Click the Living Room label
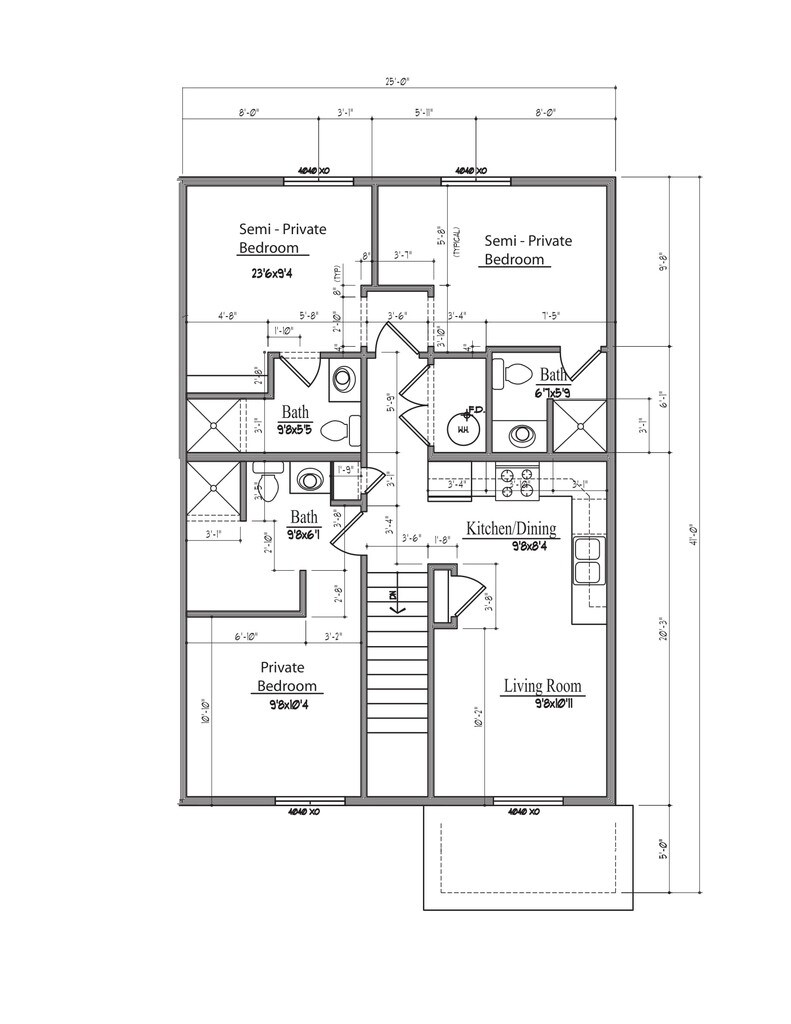(x=542, y=686)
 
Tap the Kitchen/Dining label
(x=511, y=529)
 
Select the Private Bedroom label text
(x=288, y=677)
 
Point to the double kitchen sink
(x=589, y=560)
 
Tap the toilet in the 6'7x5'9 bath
(x=518, y=374)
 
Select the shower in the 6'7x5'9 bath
(x=580, y=425)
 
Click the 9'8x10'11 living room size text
(x=543, y=703)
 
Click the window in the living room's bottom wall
(x=520, y=800)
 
